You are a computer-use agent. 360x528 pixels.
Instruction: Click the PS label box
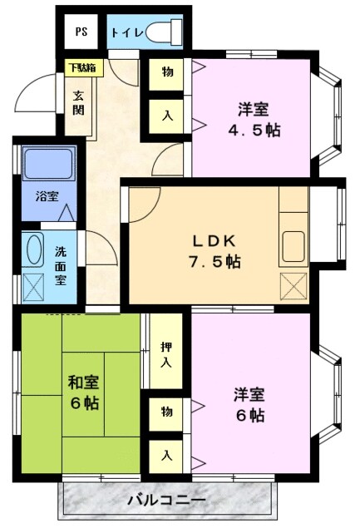point(81,32)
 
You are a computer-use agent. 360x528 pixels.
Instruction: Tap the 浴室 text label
point(46,198)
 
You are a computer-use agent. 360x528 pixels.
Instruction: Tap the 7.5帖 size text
point(218,261)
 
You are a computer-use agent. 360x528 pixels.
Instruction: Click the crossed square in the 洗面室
point(35,286)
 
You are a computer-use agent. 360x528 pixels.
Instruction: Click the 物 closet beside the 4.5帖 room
point(167,72)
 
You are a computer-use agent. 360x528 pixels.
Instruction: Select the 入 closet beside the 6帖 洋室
point(167,455)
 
